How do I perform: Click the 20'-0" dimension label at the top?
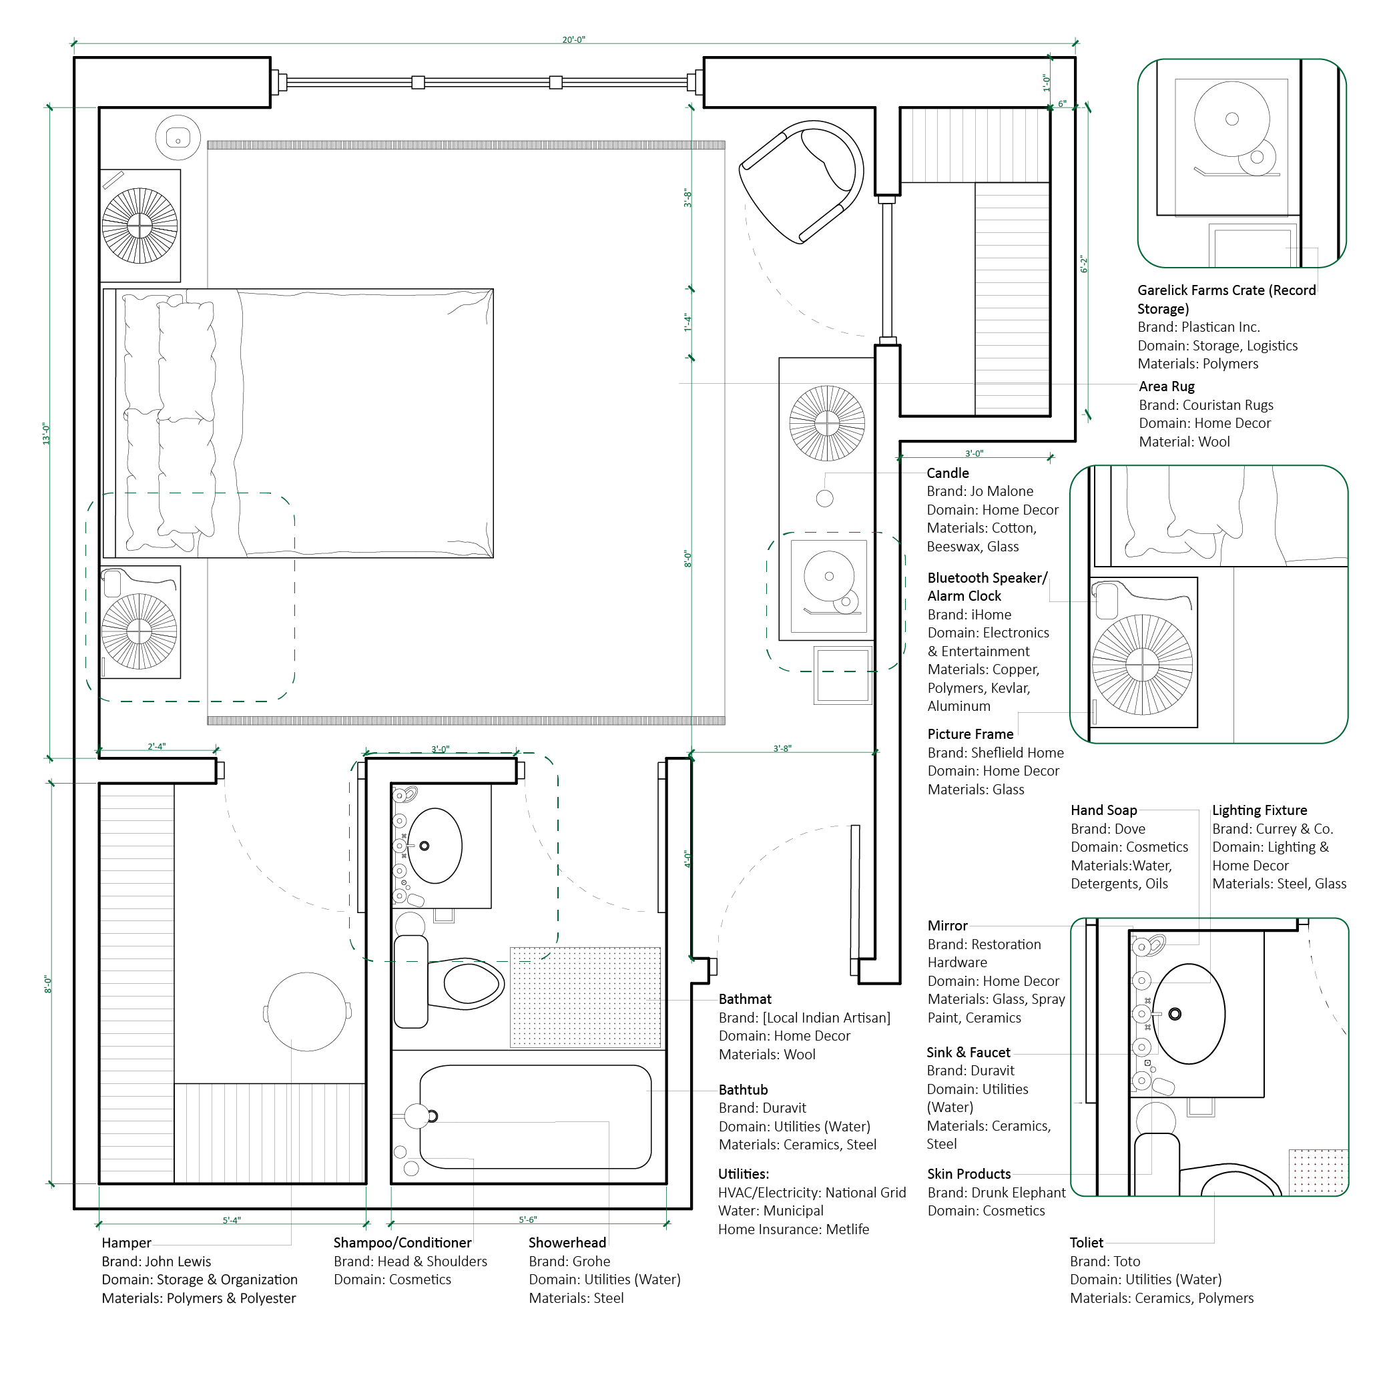click(573, 39)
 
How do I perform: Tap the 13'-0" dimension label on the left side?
click(46, 433)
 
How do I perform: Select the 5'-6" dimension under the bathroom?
click(528, 1219)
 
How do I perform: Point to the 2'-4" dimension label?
click(156, 747)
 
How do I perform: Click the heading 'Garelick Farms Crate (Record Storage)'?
click(1225, 300)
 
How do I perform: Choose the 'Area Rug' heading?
click(1166, 386)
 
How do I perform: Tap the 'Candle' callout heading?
click(948, 473)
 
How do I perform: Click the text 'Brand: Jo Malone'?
click(980, 492)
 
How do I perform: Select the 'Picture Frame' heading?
click(970, 734)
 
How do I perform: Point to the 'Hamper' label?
click(126, 1243)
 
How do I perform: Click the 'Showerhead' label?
click(567, 1243)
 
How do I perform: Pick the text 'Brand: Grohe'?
click(569, 1262)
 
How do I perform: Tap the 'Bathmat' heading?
click(744, 999)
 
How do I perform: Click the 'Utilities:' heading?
click(743, 1174)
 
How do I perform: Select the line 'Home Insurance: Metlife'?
click(793, 1229)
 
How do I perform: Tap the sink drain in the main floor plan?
click(424, 846)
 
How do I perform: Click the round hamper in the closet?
click(308, 1012)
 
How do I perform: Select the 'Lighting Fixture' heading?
click(1260, 811)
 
